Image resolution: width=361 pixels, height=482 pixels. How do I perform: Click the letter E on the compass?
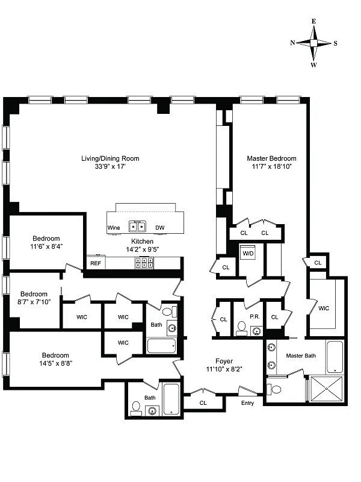[313, 21]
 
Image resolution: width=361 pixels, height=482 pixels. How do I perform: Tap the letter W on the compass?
[313, 64]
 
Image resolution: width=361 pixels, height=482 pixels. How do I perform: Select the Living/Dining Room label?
[110, 158]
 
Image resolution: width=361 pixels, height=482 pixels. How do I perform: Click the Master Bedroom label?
[271, 158]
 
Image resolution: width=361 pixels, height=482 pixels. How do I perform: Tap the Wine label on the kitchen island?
[114, 228]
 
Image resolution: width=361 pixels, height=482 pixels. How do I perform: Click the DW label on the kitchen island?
[160, 228]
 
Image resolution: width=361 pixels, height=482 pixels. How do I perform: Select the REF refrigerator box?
[96, 263]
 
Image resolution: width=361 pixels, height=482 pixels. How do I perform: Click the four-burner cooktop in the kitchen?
[144, 262]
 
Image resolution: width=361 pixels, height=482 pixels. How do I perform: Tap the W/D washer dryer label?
[248, 253]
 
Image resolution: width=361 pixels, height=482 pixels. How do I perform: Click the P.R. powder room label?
[254, 317]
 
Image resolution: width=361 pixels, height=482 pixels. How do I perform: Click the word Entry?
[247, 403]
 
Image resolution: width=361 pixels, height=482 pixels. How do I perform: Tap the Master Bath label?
[301, 355]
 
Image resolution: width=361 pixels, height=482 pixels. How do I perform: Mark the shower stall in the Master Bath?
[326, 389]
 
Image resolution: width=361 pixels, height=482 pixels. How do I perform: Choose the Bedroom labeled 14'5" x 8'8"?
[55, 355]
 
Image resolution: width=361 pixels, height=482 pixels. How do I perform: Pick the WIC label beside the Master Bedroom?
[324, 308]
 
